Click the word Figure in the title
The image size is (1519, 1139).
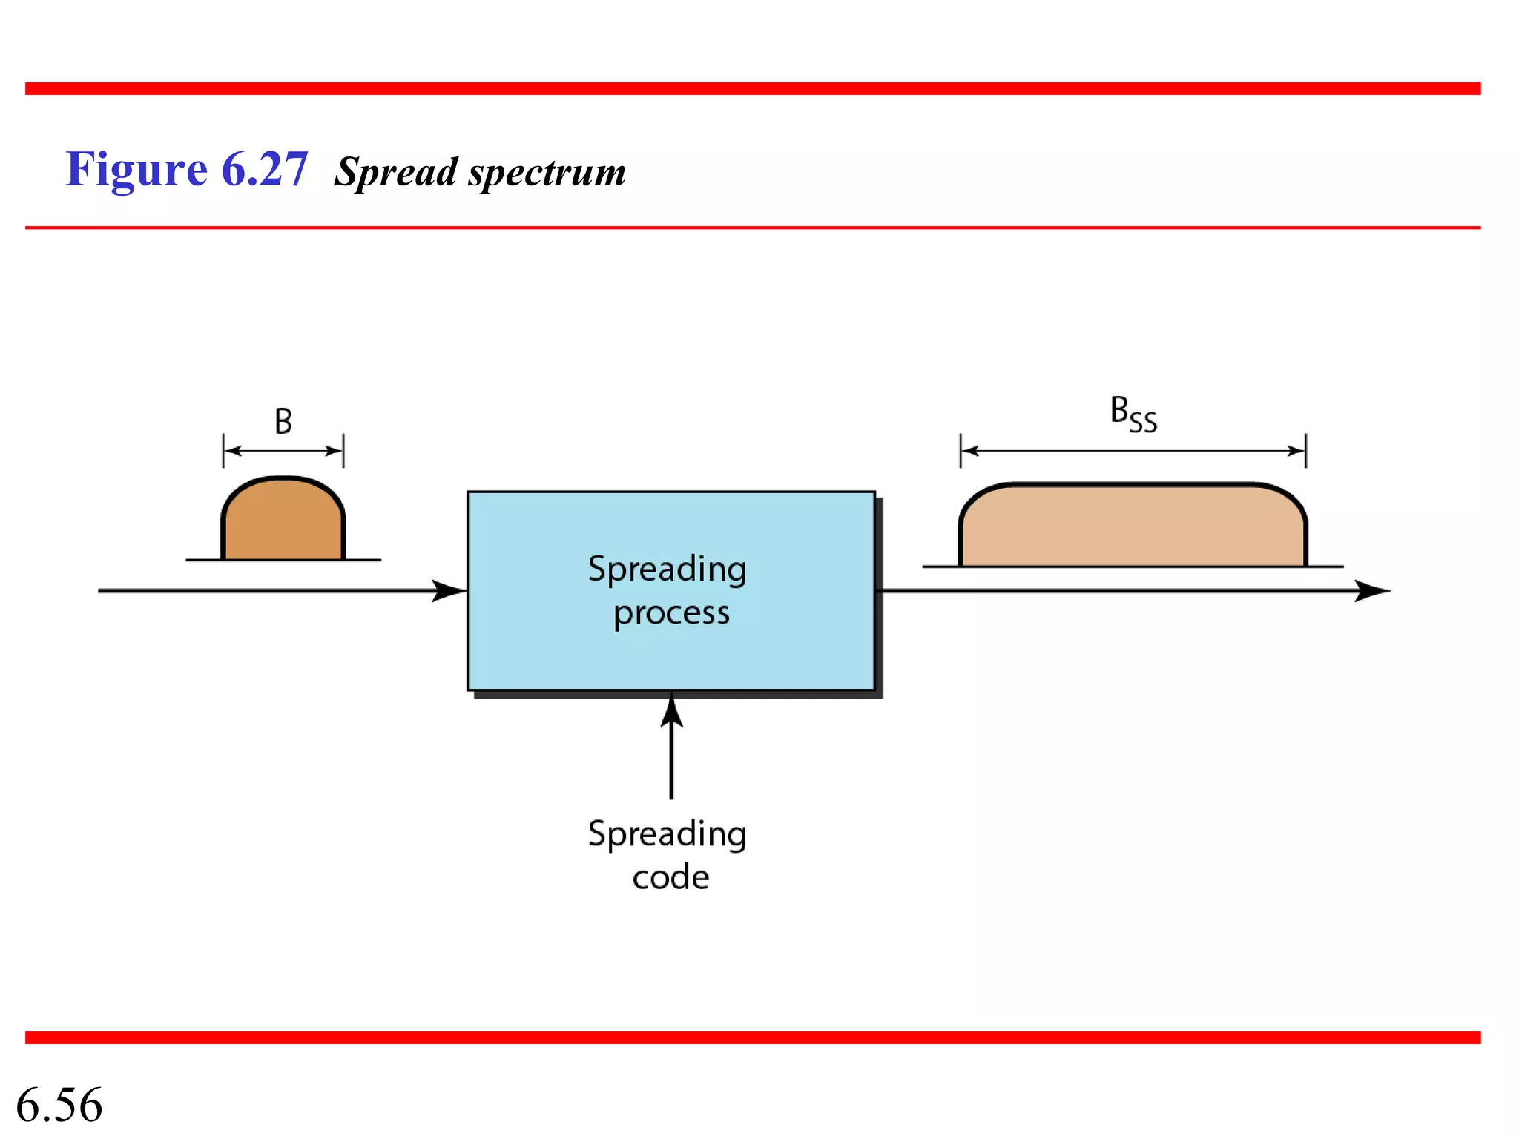pyautogui.click(x=136, y=170)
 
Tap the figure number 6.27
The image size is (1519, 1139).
pyautogui.click(x=265, y=169)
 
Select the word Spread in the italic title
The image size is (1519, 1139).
pyautogui.click(x=396, y=173)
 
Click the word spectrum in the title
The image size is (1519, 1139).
pyautogui.click(x=547, y=173)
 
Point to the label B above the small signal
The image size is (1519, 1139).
pyautogui.click(x=283, y=421)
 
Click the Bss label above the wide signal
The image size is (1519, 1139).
pyautogui.click(x=1133, y=414)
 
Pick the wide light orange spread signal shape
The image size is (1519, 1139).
pyautogui.click(x=1133, y=528)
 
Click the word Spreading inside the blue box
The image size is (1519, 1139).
pyautogui.click(x=667, y=569)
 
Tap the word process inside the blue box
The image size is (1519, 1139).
pyautogui.click(x=671, y=613)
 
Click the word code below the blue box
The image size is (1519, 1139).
pyautogui.click(x=670, y=877)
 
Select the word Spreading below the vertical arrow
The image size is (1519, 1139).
pyautogui.click(x=667, y=834)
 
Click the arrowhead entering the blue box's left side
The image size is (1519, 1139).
pyautogui.click(x=449, y=591)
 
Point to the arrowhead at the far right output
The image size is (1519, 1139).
pyautogui.click(x=1372, y=591)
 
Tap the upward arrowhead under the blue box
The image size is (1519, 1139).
pyautogui.click(x=672, y=712)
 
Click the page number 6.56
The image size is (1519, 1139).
pyautogui.click(x=59, y=1105)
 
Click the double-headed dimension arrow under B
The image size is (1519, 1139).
pyautogui.click(x=283, y=451)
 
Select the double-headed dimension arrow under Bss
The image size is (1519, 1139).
pyautogui.click(x=1133, y=451)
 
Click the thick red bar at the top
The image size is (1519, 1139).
pyautogui.click(x=753, y=89)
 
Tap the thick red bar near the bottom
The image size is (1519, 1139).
pyautogui.click(x=753, y=1037)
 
